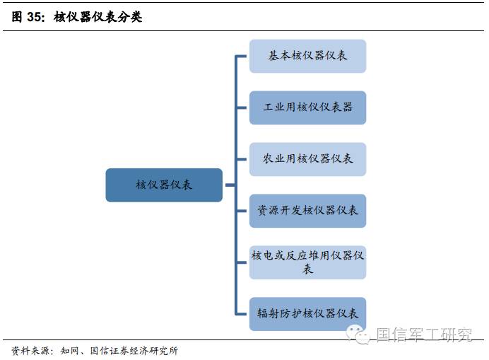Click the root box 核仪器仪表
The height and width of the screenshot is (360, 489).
tap(164, 185)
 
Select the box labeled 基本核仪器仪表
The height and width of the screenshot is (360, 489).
tap(307, 56)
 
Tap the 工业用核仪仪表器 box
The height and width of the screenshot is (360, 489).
tap(307, 108)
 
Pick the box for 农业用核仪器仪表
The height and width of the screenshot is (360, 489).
tap(307, 159)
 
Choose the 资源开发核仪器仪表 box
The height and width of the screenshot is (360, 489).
tap(307, 211)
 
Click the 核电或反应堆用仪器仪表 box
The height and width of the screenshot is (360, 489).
tap(307, 262)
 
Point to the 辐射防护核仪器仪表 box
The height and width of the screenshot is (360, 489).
tap(307, 313)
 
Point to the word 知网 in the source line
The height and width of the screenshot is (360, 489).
tap(70, 351)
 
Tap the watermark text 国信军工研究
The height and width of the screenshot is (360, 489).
tap(424, 335)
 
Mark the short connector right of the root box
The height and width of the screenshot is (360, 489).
tap(229, 185)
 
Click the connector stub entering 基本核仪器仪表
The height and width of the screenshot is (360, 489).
tap(242, 56)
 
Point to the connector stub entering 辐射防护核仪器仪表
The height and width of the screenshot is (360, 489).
tap(242, 313)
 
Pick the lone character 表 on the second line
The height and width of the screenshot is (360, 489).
tap(307, 269)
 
